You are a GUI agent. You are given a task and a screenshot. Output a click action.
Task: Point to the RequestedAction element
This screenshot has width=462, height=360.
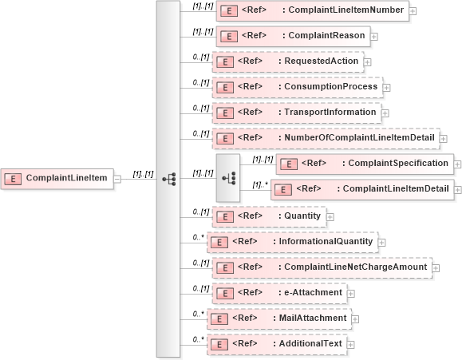(286, 61)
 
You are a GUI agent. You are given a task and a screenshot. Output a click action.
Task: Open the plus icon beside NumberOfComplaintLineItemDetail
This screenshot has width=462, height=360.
(443, 139)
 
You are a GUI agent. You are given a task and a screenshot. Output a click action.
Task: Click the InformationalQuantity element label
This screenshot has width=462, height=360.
(325, 242)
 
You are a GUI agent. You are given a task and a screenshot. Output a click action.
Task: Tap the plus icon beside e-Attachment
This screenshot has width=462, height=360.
(351, 293)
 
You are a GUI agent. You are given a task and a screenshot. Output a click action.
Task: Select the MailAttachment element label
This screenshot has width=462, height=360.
(312, 318)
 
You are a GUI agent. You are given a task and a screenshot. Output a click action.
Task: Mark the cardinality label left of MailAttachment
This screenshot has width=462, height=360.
(199, 314)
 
